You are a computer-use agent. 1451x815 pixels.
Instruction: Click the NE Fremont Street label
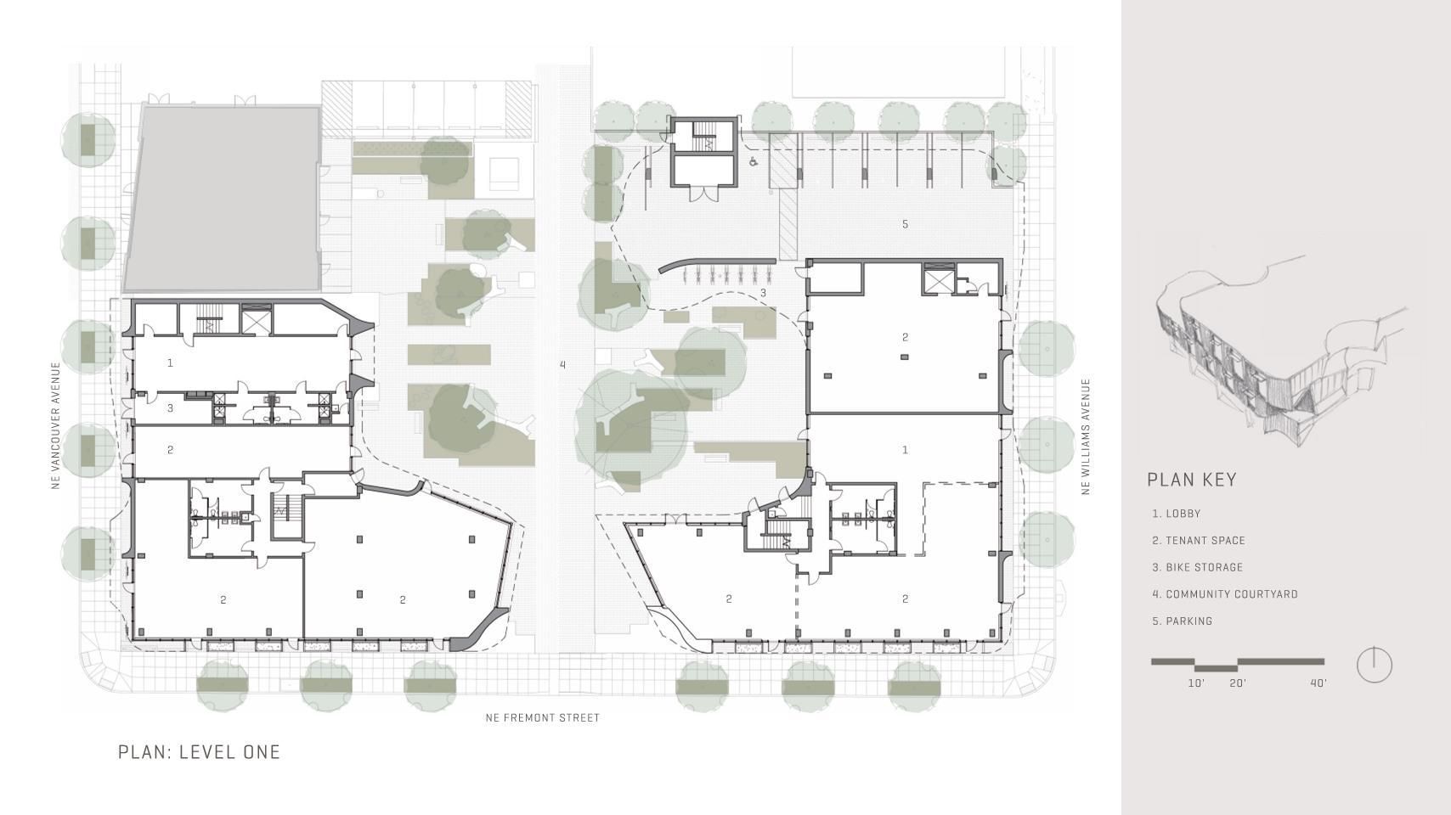point(542,717)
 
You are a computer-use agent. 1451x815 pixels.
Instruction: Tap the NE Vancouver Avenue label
point(56,425)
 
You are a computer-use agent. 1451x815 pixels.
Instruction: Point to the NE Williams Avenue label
point(1086,437)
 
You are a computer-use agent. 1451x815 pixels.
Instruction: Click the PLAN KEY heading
point(1192,480)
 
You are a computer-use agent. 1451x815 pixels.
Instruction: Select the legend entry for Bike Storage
point(1198,567)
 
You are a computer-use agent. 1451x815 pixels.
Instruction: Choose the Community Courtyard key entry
point(1225,594)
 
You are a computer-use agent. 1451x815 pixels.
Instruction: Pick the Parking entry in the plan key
point(1183,621)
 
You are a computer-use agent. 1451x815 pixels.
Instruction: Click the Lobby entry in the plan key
point(1177,514)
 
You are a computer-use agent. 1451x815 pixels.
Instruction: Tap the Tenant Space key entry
point(1199,541)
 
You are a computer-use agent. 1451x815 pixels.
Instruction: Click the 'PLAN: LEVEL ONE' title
point(199,752)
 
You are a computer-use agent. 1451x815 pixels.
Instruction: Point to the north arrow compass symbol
point(1374,665)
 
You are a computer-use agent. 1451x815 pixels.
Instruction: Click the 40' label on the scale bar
point(1318,683)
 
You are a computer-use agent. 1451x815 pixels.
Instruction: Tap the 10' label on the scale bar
point(1196,683)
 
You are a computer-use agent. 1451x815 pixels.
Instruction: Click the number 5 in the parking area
point(905,224)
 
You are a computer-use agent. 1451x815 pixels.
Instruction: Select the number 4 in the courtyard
point(563,365)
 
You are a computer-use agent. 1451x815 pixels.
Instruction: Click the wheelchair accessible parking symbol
point(754,162)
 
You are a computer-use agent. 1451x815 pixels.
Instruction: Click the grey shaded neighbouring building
point(222,199)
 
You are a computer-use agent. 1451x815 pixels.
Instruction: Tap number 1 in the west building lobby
point(171,363)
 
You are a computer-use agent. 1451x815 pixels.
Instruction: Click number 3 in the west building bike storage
point(171,408)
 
